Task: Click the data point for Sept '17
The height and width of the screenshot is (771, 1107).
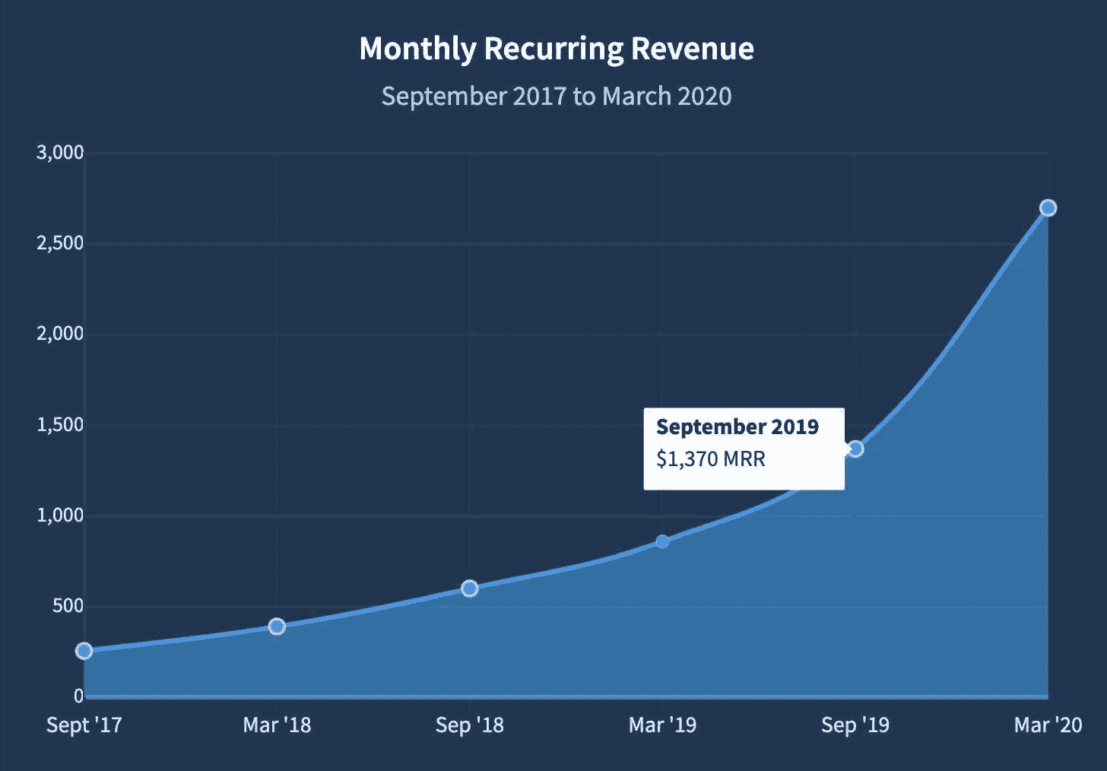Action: pos(84,651)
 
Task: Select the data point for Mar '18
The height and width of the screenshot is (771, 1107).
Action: pos(277,627)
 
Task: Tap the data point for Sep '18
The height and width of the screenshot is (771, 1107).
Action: pos(470,589)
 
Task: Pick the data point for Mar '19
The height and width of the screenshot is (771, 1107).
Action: pos(662,541)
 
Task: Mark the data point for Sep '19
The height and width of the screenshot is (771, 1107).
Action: pos(855,449)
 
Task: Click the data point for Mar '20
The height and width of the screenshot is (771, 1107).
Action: pos(1048,208)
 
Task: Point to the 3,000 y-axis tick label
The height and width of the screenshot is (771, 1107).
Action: pos(60,153)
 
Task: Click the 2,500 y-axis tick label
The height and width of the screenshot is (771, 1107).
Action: pos(60,243)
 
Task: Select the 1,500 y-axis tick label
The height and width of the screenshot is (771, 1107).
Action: pos(60,425)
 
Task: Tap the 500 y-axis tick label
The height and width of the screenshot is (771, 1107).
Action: pos(68,606)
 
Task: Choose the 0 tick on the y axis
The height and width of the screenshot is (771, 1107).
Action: pos(78,696)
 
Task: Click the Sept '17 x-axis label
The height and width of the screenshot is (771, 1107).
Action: pos(84,725)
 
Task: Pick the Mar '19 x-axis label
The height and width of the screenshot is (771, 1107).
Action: pos(662,725)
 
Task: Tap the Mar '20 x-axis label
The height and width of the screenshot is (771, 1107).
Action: pos(1048,725)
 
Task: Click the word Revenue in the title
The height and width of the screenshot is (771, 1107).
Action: pos(692,49)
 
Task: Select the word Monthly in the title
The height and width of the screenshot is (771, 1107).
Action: pos(417,49)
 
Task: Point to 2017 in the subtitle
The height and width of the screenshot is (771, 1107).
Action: pos(539,97)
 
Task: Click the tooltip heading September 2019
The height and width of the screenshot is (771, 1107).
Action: pos(737,427)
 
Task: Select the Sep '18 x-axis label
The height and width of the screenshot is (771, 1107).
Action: pos(470,725)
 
